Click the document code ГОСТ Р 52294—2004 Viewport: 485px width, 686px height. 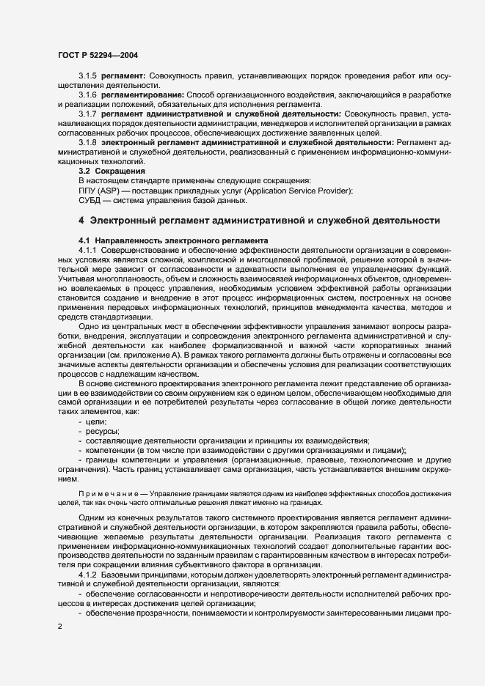97,54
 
